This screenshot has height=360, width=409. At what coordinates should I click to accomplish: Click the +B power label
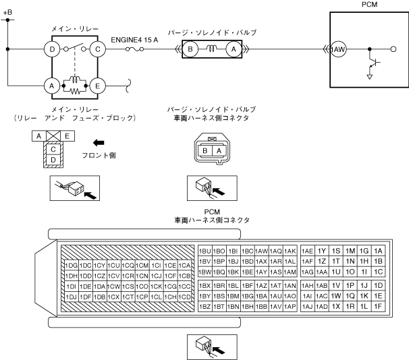[x=7, y=12]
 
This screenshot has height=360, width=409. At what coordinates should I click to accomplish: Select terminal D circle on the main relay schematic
[x=50, y=49]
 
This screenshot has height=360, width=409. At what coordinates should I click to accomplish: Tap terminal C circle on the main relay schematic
[x=99, y=49]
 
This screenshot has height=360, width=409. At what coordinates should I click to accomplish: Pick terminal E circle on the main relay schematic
[x=99, y=86]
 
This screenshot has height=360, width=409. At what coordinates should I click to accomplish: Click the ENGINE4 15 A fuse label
[x=134, y=39]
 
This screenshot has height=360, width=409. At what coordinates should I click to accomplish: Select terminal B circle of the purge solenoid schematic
[x=190, y=49]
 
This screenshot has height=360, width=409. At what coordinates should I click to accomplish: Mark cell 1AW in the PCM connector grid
[x=262, y=250]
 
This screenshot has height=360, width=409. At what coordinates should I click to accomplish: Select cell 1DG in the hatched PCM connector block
[x=70, y=264]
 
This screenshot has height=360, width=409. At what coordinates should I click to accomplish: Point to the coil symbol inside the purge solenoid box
[x=211, y=48]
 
